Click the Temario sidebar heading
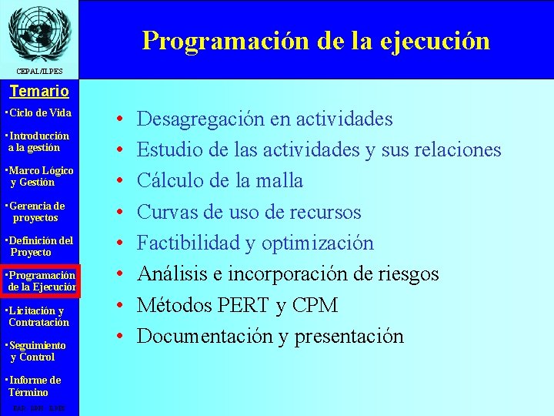pos(38,91)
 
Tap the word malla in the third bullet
pos(281,181)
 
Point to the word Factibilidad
pos(189,243)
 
